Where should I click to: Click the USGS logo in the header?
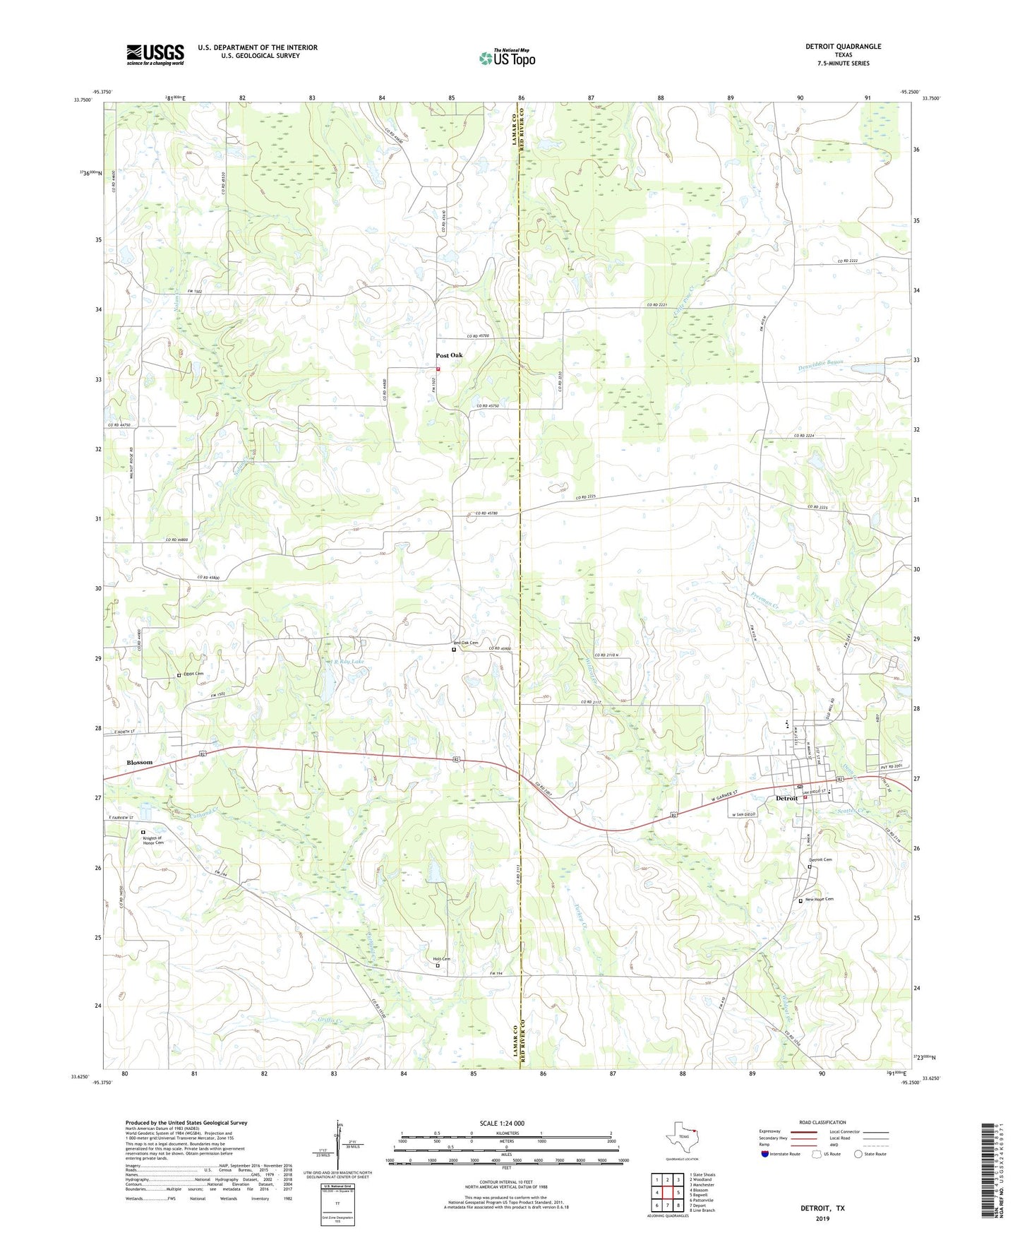(155, 54)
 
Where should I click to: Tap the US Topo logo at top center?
(506, 57)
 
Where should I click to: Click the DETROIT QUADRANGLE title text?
(843, 47)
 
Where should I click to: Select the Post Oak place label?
(449, 355)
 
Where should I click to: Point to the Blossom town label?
(139, 763)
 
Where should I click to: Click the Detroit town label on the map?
(786, 798)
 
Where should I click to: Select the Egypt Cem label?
(194, 674)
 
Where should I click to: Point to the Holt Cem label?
(441, 958)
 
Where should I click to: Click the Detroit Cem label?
(820, 859)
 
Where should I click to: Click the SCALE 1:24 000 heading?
(506, 1123)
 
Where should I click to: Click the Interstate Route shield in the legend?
(765, 1154)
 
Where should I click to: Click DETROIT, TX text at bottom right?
(822, 1208)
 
